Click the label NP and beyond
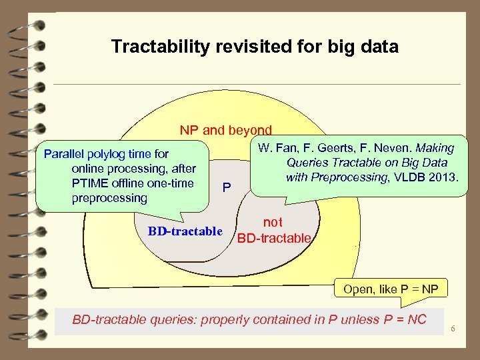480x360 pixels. pyautogui.click(x=225, y=131)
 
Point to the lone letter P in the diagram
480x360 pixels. pyautogui.click(x=227, y=187)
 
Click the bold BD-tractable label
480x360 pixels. pyautogui.click(x=185, y=231)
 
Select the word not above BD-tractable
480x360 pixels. pyautogui.click(x=272, y=223)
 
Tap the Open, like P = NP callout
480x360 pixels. pyautogui.click(x=391, y=289)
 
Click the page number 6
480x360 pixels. pyautogui.click(x=453, y=329)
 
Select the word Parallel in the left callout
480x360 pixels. pyautogui.click(x=63, y=154)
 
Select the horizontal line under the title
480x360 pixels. pyautogui.click(x=257, y=85)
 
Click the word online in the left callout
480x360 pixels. pyautogui.click(x=89, y=169)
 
